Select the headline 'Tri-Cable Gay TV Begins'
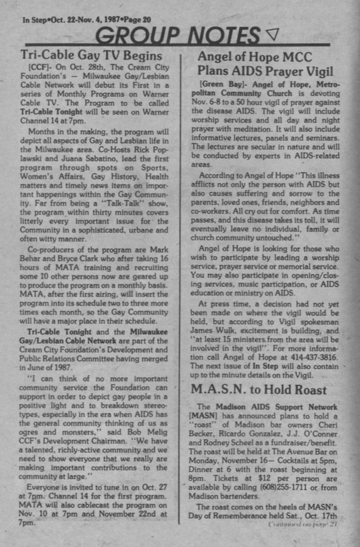(92, 55)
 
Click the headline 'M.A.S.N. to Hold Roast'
(259, 389)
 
